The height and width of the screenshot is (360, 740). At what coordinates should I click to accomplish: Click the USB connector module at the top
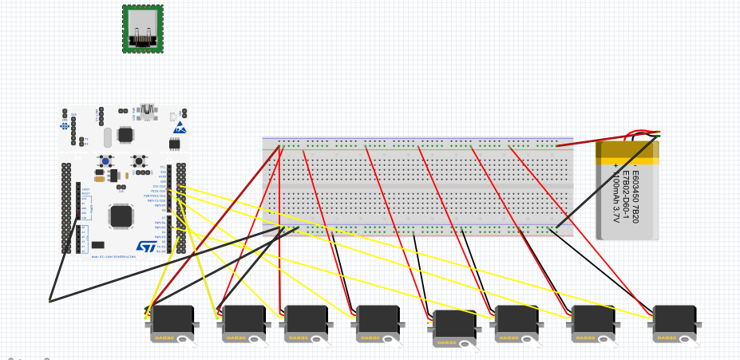tap(143, 29)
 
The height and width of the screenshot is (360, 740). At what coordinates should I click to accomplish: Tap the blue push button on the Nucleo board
tap(105, 161)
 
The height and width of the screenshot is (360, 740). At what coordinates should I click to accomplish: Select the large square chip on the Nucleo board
tap(121, 216)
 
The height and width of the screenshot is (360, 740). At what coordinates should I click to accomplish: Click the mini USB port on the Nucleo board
tap(146, 111)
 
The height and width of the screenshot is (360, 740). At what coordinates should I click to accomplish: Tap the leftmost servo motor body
tap(172, 319)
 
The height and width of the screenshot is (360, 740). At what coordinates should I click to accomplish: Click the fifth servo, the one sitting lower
tap(455, 324)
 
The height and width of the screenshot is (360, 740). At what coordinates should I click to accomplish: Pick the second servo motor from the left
tap(244, 319)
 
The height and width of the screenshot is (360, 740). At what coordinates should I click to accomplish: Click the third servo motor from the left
tap(307, 319)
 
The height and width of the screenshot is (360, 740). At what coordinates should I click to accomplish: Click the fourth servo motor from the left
tap(378, 319)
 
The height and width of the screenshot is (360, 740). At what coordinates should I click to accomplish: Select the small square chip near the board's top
tap(125, 135)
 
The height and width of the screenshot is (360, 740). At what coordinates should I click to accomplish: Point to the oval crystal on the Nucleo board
tap(98, 179)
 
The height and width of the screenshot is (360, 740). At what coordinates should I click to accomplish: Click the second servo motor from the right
tap(593, 319)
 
